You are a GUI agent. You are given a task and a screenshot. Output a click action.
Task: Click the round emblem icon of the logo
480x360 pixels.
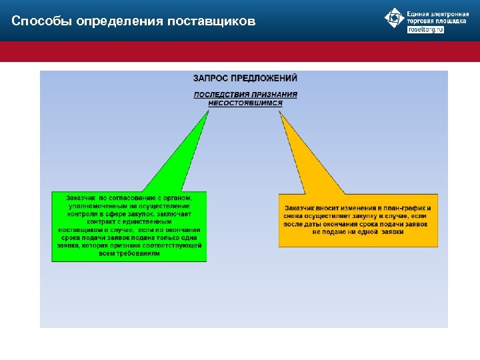(395, 18)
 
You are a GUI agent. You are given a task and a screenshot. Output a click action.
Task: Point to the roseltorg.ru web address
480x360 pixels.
(425, 29)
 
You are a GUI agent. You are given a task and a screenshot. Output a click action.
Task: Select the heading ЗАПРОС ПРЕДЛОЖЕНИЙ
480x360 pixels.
(245, 79)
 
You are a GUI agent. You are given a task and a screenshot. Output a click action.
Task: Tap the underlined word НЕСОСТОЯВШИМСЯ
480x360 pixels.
(245, 103)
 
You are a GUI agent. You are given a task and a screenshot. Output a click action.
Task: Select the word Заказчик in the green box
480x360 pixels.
(81, 198)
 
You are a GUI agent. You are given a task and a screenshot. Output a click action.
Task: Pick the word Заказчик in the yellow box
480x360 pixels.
(301, 208)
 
